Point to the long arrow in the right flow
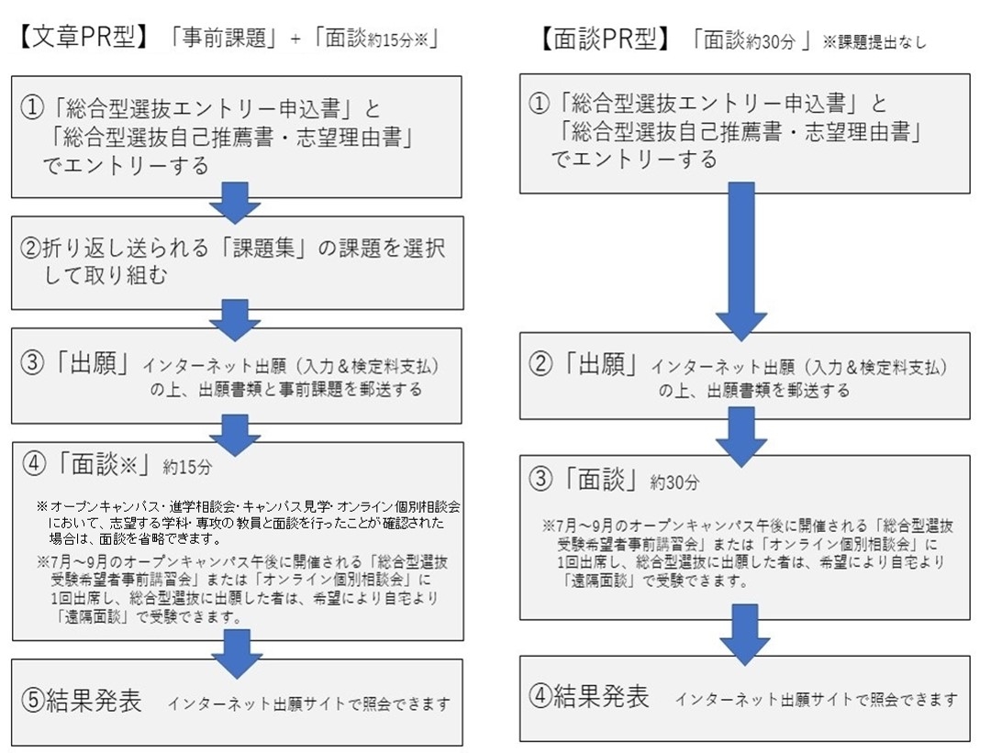pos(741,261)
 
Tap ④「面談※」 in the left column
pos(88,464)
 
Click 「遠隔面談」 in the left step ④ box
pos(93,617)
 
